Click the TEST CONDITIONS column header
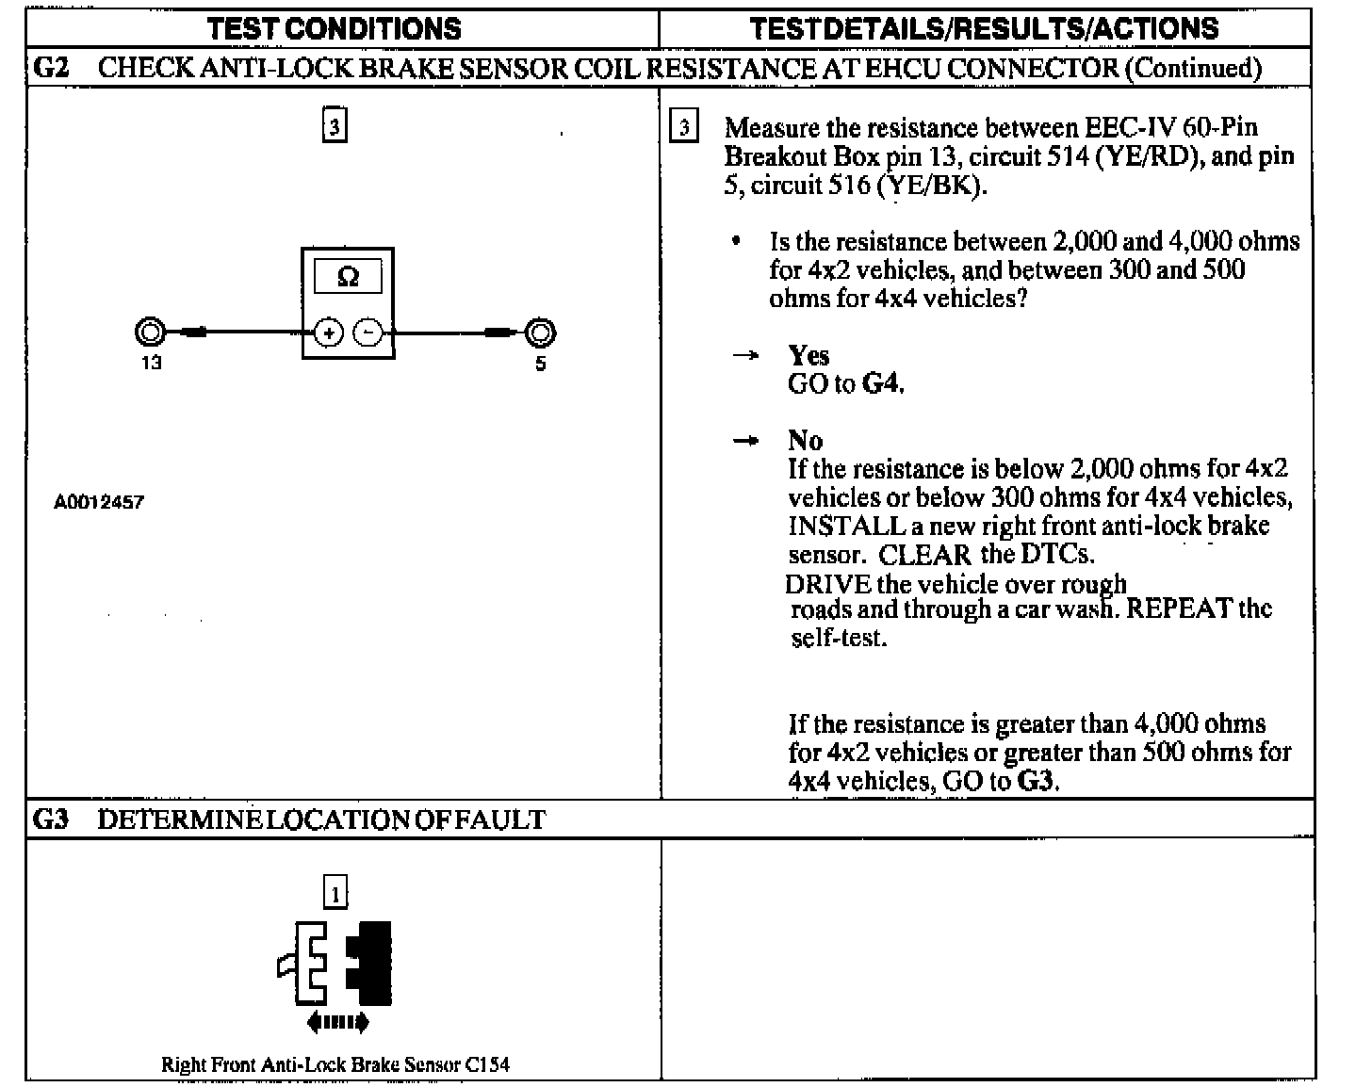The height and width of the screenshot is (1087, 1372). (335, 28)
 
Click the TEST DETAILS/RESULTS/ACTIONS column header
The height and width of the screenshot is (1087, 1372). (984, 28)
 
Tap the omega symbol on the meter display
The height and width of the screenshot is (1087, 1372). (348, 277)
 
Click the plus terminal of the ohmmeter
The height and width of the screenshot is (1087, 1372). (328, 333)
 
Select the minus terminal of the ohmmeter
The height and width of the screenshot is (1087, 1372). (368, 333)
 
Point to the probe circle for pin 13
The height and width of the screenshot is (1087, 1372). (150, 333)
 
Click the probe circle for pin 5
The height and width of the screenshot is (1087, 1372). (541, 333)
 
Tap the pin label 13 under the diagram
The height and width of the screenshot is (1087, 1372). (151, 363)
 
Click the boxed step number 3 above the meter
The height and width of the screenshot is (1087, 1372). (335, 125)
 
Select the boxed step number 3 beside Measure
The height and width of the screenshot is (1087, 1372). (684, 127)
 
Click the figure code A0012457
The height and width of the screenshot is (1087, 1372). (99, 502)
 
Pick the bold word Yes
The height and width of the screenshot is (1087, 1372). (808, 356)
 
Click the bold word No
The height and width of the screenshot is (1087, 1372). (806, 441)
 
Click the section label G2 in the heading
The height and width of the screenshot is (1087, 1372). (50, 68)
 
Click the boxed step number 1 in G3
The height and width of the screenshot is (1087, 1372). (335, 892)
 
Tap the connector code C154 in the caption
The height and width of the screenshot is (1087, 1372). (487, 1065)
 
